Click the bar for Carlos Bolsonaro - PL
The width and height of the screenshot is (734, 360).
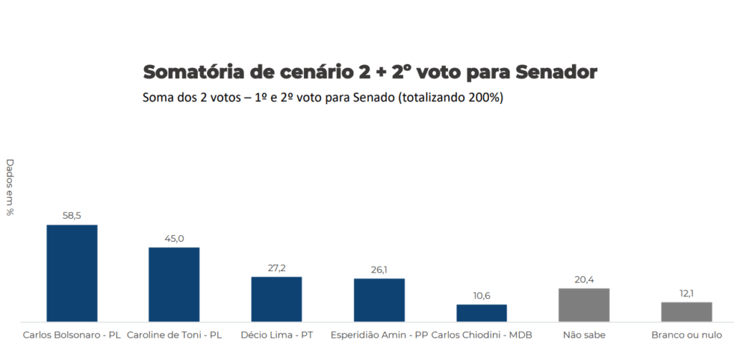tap(72, 273)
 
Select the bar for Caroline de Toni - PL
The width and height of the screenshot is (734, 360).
tap(174, 285)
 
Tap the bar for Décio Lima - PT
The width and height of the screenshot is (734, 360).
tap(277, 299)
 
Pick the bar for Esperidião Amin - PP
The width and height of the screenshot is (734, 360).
tap(379, 300)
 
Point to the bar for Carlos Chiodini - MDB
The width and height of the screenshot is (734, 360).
tap(482, 313)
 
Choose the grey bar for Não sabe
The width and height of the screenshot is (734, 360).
tap(584, 305)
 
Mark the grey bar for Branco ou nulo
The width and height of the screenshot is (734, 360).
tap(687, 312)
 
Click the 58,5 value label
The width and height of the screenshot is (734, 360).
tap(72, 215)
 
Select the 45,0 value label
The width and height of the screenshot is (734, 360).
tap(174, 238)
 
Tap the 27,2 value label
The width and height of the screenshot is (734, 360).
tap(277, 267)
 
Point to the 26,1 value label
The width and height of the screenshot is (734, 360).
tap(379, 269)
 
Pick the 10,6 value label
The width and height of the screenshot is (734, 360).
tap(482, 295)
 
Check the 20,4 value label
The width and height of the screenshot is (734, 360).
tap(584, 279)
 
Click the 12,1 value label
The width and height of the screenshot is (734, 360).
tap(687, 293)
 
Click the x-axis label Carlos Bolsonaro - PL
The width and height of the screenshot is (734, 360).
tap(72, 334)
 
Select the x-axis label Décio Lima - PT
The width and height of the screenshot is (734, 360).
tap(277, 334)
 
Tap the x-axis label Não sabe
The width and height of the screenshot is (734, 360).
tap(584, 334)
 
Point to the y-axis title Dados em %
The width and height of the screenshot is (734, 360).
tap(10, 187)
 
